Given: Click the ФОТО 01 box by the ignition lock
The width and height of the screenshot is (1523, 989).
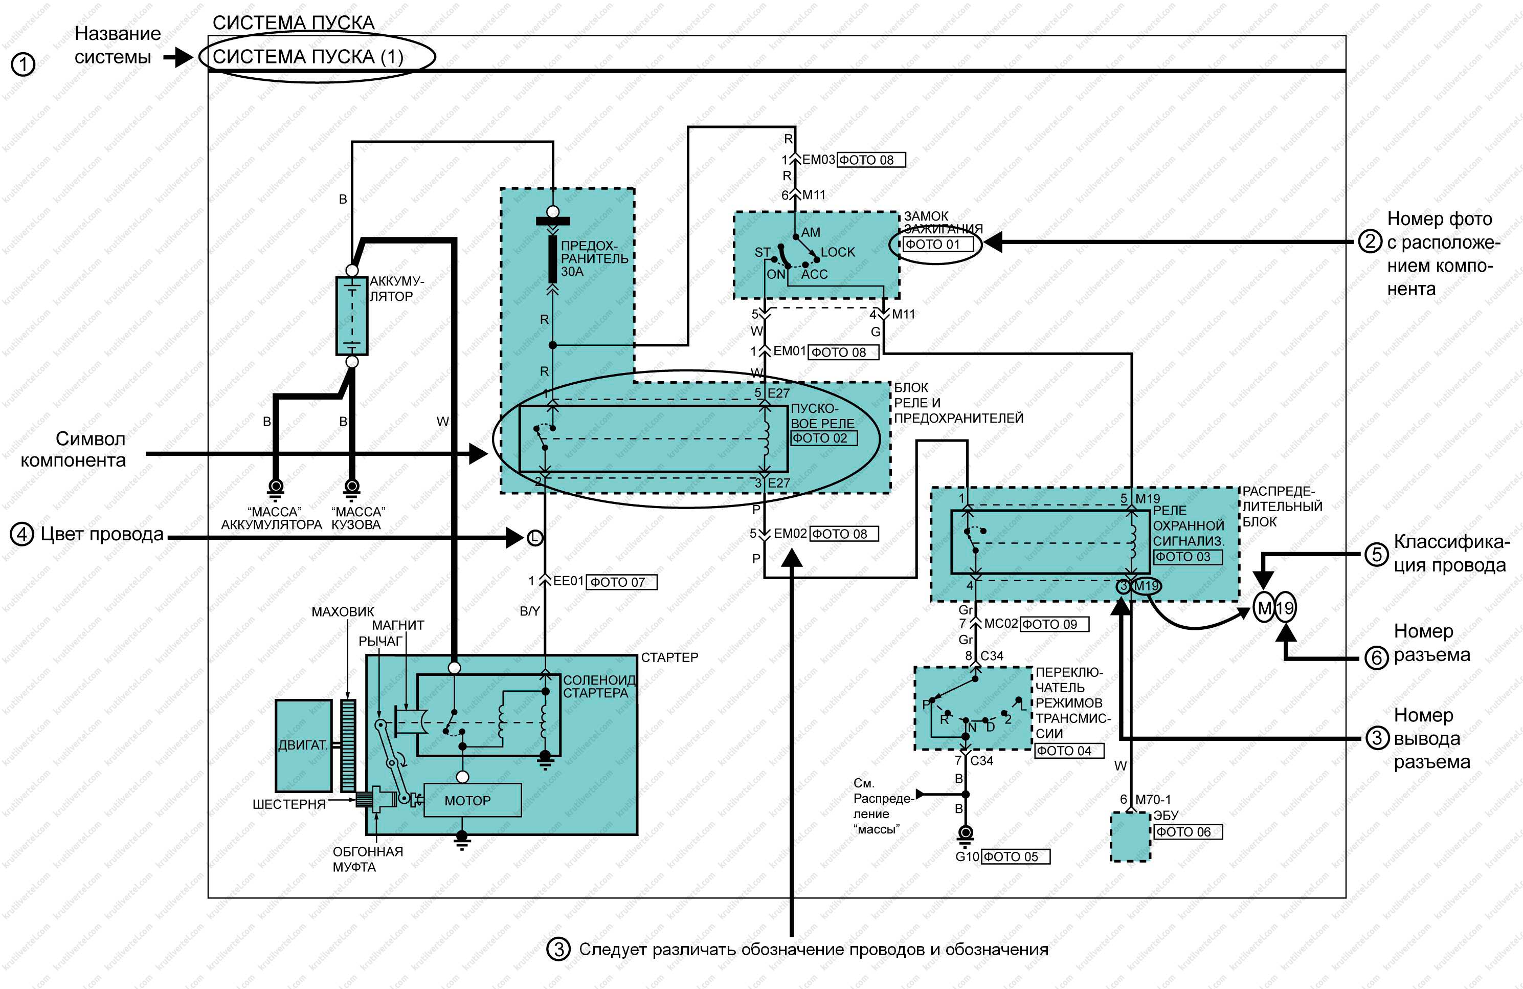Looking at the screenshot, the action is tap(938, 244).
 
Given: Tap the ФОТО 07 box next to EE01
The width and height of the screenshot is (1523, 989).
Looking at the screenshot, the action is tap(621, 582).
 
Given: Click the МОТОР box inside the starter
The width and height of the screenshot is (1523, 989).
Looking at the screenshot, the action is tap(472, 800).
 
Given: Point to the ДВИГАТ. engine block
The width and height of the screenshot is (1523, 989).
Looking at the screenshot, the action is tap(303, 745).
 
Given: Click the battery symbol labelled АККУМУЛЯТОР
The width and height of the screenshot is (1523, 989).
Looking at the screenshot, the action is tap(352, 316).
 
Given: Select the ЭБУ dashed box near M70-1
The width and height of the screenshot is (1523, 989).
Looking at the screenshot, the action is tap(1130, 836).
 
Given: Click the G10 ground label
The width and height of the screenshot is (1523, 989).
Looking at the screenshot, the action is tap(967, 856).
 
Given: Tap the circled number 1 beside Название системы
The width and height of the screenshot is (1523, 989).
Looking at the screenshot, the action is tap(23, 64).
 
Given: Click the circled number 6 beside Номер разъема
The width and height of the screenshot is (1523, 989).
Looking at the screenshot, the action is tap(1376, 657).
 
